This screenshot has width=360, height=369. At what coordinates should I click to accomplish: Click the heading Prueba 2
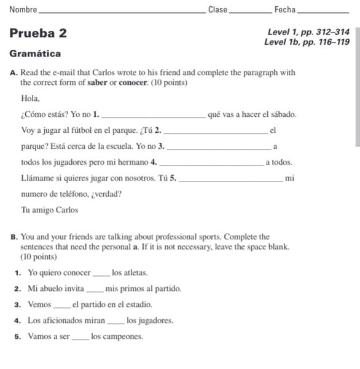pos(38,33)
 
